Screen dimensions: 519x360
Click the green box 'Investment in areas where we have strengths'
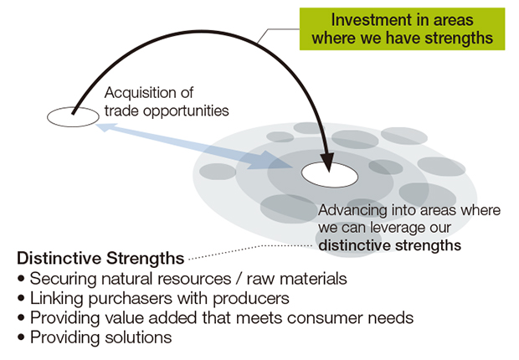click(402, 29)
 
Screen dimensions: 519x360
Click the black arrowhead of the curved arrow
click(327, 162)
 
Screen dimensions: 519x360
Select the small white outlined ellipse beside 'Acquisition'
click(73, 117)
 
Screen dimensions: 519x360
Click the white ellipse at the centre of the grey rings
click(330, 175)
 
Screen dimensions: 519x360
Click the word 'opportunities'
click(186, 111)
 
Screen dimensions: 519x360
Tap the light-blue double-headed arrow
click(195, 146)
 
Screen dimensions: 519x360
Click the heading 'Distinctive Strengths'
click(100, 259)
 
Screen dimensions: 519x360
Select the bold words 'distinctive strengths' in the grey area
click(389, 245)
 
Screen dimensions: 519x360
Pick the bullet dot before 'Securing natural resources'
click(21, 279)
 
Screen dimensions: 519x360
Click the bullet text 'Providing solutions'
click(101, 337)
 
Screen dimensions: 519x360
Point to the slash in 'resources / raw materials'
click(239, 278)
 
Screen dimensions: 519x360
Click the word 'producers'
click(251, 299)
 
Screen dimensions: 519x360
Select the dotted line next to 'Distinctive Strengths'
click(251, 251)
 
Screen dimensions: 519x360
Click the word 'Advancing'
click(352, 211)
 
